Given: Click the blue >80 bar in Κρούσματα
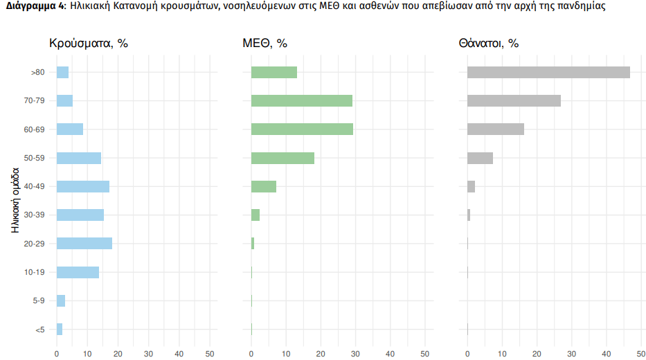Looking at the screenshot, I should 62,72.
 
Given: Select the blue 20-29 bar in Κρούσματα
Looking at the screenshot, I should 84,244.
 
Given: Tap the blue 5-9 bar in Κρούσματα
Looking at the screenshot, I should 61,300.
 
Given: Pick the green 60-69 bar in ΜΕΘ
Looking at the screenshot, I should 302,129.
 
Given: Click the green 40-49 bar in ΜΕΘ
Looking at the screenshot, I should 264,186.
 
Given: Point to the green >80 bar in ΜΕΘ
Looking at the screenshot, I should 274,72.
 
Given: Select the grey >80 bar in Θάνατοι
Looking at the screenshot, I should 548,72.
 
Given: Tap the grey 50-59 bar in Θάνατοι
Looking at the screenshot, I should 480,158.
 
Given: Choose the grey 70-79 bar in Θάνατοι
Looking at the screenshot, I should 514,101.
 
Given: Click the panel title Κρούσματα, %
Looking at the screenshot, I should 89,43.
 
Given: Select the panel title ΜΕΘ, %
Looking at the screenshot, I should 264,43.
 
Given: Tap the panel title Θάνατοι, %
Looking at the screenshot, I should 488,43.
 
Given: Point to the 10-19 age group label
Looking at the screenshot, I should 34,272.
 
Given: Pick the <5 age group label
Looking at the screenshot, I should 39,330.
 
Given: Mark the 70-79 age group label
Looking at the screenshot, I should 34,101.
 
